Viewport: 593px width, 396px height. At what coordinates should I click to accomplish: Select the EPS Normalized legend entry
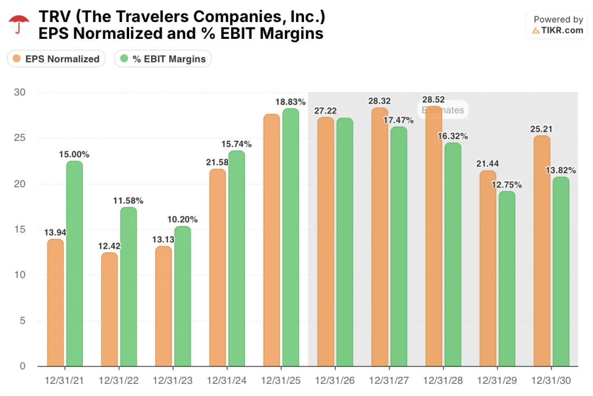(x=56, y=59)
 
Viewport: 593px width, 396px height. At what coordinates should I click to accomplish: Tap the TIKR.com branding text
(x=562, y=30)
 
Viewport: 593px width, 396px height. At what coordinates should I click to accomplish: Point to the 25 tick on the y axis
(x=21, y=138)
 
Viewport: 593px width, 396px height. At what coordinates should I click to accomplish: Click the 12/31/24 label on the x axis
(x=226, y=382)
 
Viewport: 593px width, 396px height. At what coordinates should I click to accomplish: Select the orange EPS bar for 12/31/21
(x=56, y=302)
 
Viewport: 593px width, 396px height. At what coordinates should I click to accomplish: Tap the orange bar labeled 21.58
(x=217, y=267)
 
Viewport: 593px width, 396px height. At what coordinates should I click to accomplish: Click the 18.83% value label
(x=290, y=102)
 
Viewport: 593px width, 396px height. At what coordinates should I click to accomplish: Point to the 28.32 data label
(x=380, y=101)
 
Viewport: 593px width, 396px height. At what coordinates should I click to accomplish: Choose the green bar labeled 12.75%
(x=507, y=278)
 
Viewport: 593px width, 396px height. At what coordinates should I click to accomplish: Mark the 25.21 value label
(x=541, y=129)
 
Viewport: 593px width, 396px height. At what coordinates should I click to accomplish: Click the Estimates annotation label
(x=442, y=110)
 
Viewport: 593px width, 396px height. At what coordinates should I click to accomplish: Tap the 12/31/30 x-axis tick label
(x=551, y=382)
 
